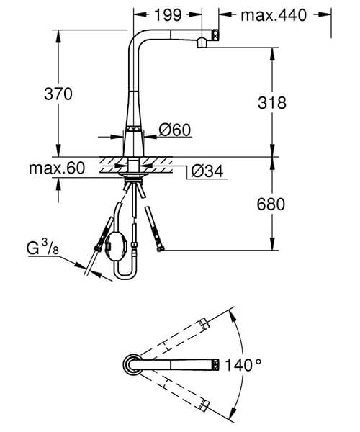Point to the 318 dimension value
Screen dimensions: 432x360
271,103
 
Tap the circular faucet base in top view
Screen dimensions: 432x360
133,364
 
